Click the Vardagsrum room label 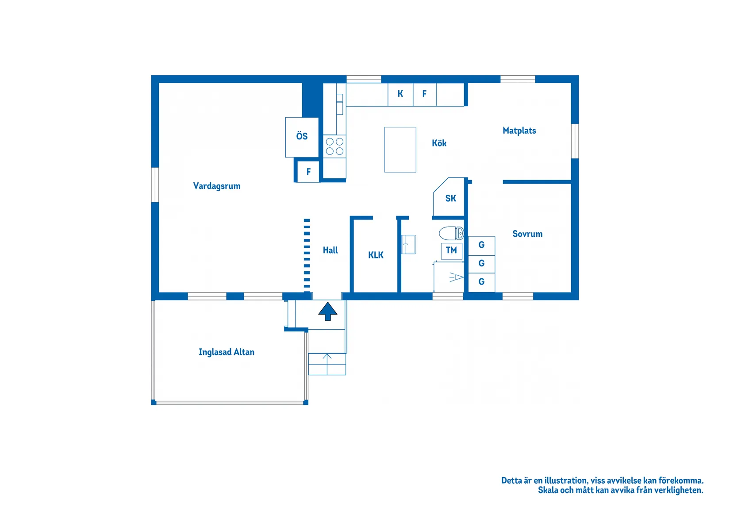[x=217, y=186]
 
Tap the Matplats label [x=519, y=131]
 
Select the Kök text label [x=439, y=143]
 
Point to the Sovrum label [x=527, y=234]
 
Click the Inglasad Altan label [x=227, y=352]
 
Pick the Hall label [x=330, y=250]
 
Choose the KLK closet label [x=376, y=255]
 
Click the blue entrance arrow [x=327, y=311]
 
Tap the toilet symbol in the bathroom [x=451, y=233]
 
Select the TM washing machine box [x=451, y=251]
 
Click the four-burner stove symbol [x=334, y=146]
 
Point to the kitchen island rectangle [x=400, y=150]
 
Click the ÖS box [x=302, y=137]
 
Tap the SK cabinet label [x=451, y=198]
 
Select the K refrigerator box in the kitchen [x=400, y=94]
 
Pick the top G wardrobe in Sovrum [x=481, y=246]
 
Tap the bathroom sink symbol [x=409, y=244]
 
